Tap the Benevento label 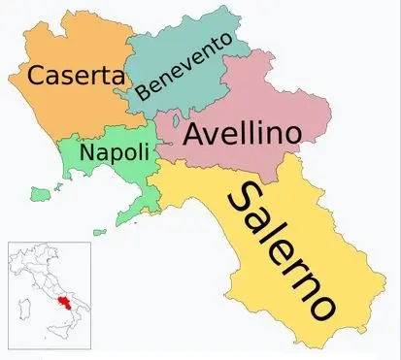tap(184, 66)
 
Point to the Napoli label tap(115, 153)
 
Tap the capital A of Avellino tap(195, 136)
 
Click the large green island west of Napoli tap(40, 194)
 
